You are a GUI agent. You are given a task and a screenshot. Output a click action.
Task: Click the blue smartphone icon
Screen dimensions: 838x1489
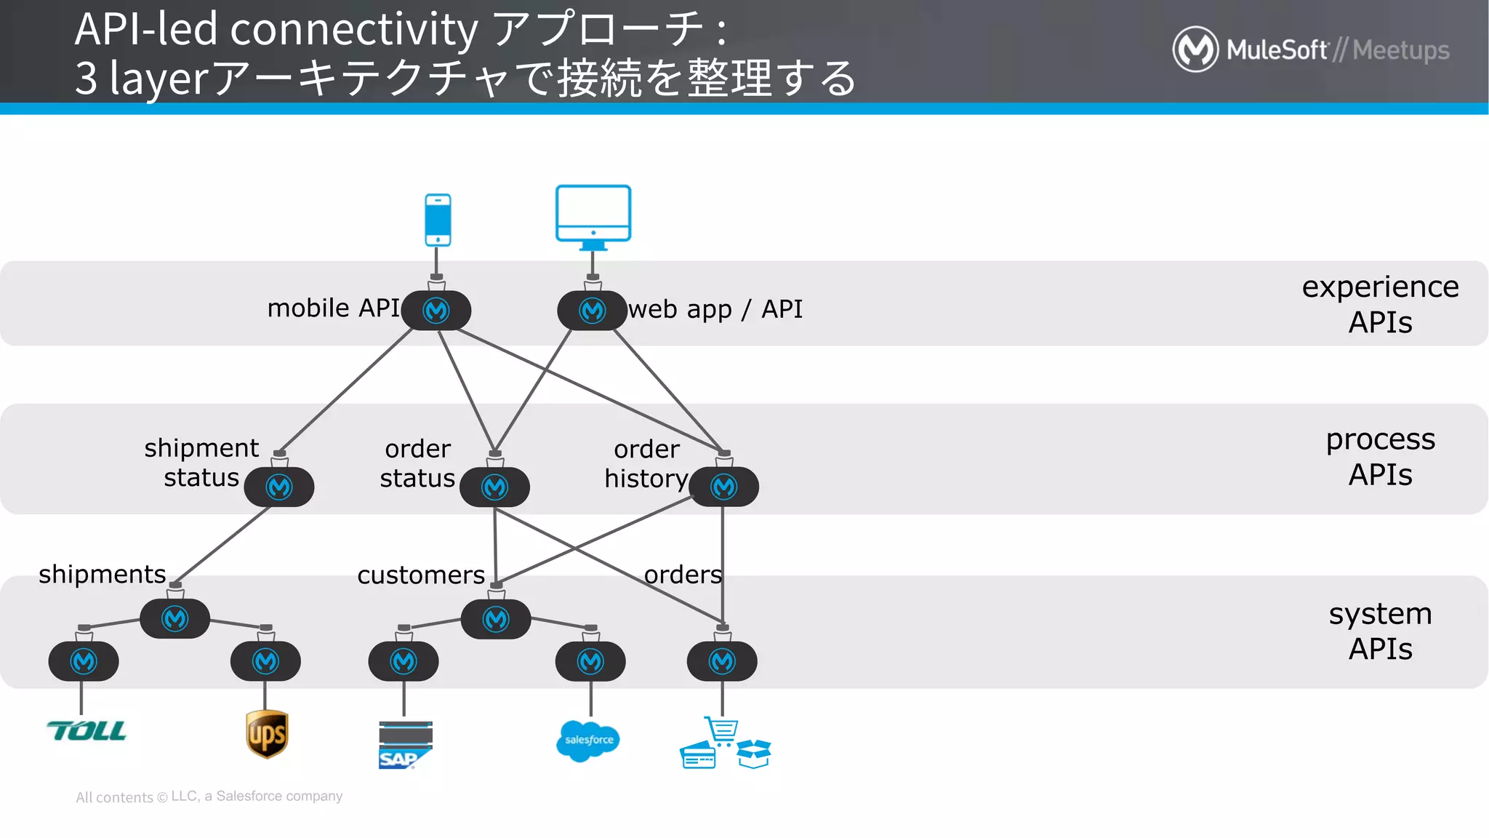click(438, 220)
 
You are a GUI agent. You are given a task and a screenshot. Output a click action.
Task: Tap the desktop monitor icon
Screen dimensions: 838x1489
click(593, 215)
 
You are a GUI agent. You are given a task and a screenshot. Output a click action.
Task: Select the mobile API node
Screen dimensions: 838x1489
click(436, 311)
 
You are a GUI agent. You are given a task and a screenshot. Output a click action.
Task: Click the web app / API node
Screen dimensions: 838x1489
click(592, 311)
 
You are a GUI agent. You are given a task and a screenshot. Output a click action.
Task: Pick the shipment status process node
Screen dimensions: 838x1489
click(279, 487)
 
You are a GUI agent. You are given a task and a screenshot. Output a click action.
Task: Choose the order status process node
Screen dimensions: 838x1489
click(494, 487)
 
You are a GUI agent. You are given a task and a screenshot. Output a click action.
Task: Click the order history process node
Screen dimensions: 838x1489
click(723, 487)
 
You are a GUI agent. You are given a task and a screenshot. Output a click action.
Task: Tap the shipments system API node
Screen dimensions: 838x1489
click(174, 619)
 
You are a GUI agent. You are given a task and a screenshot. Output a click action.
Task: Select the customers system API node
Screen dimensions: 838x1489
click(496, 619)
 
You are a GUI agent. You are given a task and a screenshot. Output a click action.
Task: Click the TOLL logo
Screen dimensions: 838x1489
click(87, 730)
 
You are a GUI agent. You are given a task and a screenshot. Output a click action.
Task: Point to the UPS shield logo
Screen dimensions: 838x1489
click(267, 734)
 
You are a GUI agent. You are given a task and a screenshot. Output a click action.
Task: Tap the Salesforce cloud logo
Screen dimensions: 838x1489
click(587, 741)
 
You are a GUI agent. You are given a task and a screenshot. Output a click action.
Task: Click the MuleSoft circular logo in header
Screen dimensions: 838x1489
click(1195, 49)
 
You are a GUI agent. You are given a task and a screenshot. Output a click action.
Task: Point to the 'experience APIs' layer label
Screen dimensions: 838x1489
click(1379, 304)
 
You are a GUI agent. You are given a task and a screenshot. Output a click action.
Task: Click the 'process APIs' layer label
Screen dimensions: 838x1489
click(1379, 457)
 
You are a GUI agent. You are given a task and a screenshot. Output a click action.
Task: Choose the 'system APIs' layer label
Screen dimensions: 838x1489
click(1379, 631)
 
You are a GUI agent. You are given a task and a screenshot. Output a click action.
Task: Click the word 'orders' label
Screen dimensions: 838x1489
click(683, 575)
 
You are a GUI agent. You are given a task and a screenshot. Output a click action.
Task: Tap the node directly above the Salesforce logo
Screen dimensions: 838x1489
click(590, 661)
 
